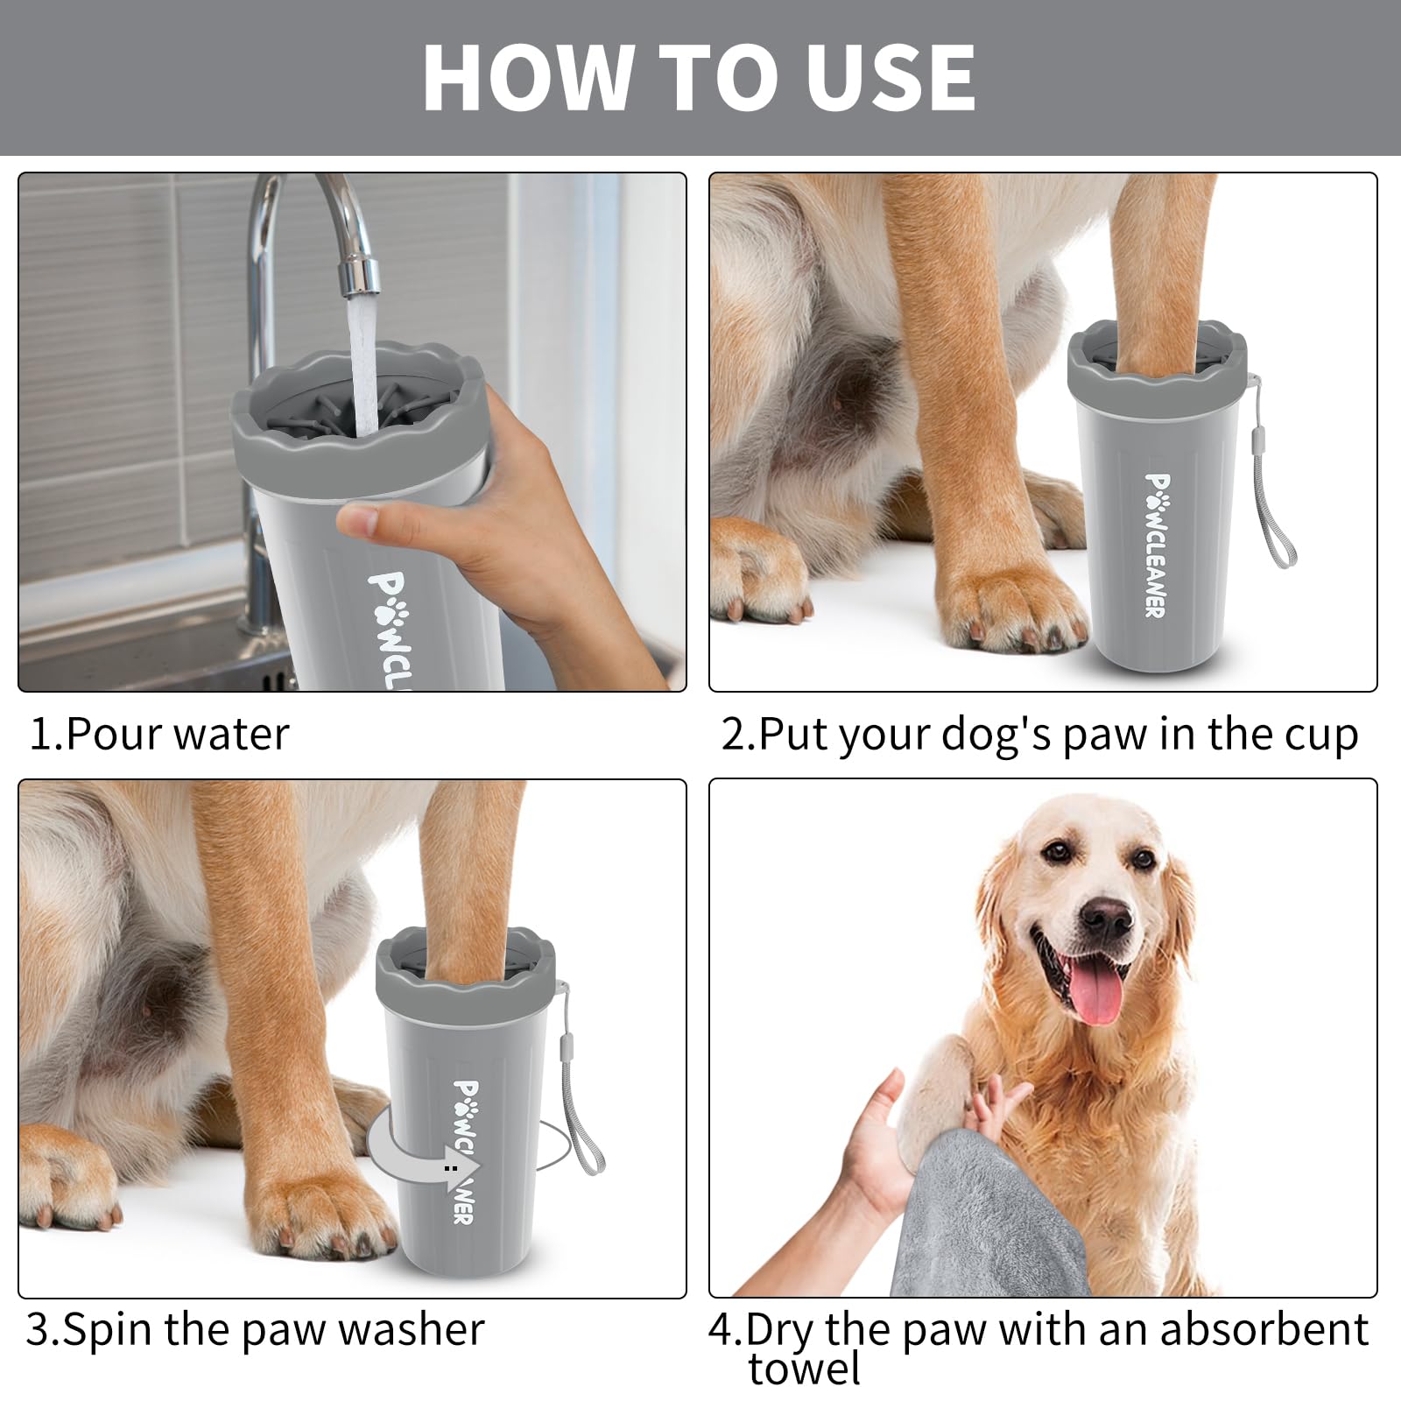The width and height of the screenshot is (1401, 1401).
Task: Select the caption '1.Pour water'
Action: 158,734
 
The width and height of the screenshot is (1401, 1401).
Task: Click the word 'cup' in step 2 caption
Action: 1322,734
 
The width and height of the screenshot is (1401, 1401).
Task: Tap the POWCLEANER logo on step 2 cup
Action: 1156,545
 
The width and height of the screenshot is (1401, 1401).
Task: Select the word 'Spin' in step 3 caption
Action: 109,1329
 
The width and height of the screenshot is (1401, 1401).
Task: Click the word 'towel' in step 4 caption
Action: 804,1369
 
